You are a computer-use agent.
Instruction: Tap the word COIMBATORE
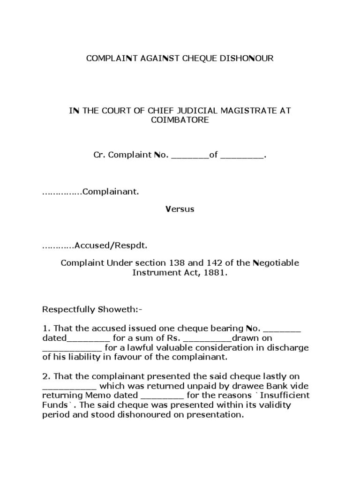180,120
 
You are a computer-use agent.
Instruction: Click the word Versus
180,209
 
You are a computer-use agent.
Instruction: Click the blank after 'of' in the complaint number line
242,156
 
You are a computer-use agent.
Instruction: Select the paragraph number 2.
45,376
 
